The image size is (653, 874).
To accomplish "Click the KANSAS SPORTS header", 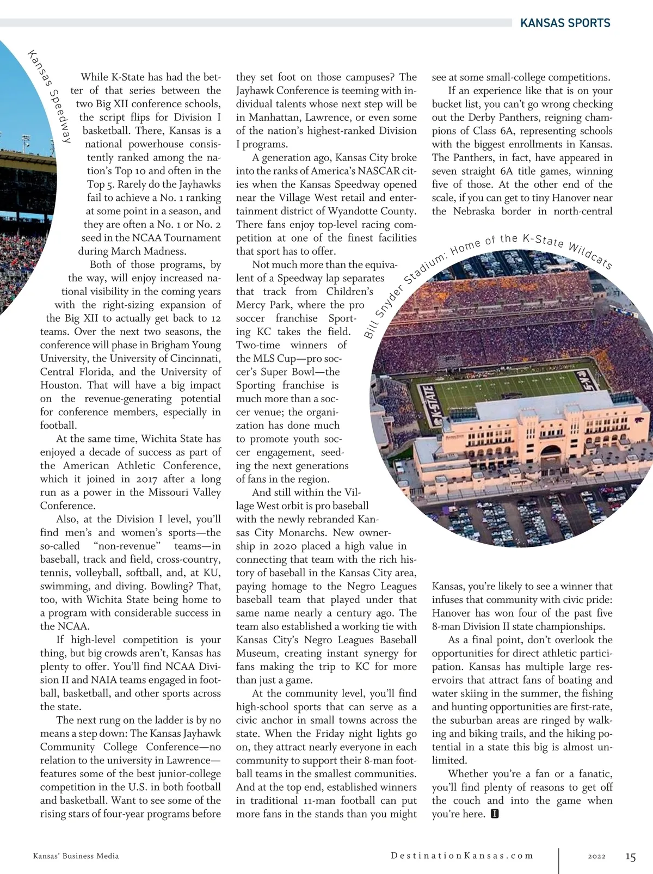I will click(x=565, y=23).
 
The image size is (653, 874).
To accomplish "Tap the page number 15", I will click(x=630, y=857).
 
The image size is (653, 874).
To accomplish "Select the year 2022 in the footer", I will click(x=597, y=856).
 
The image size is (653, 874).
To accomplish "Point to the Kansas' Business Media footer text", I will click(x=76, y=856).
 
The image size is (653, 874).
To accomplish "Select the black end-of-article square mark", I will click(x=495, y=814).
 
